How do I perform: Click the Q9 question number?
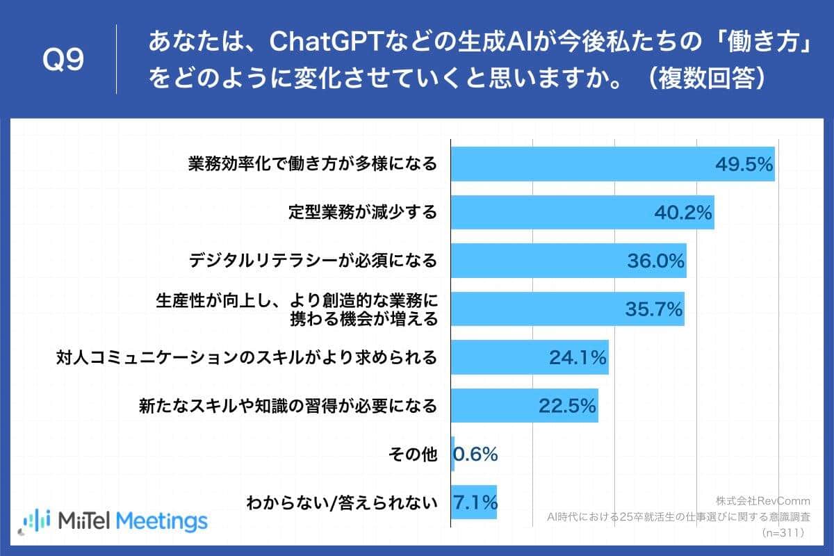63,60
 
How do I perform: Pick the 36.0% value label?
655,261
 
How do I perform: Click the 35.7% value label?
654,309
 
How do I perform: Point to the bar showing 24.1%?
529,358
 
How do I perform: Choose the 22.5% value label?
567,406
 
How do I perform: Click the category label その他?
413,455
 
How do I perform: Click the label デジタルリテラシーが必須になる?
313,261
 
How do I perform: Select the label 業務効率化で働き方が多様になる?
313,164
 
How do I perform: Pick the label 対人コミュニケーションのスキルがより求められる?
247,358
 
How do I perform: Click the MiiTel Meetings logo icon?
35,521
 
